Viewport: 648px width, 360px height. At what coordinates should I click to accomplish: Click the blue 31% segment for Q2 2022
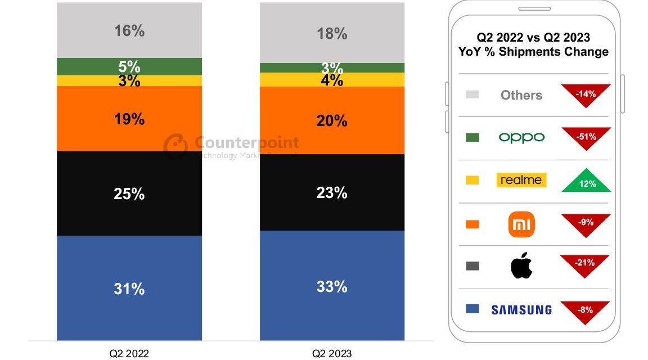coord(129,288)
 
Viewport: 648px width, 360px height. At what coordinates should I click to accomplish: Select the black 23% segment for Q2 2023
coord(332,192)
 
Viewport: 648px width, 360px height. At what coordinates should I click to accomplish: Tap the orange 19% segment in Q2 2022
coord(129,119)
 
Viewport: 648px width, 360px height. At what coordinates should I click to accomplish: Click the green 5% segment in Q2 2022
coord(129,66)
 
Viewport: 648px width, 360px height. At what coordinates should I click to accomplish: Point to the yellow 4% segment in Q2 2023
coord(332,80)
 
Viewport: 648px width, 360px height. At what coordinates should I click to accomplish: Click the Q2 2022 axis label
coord(129,353)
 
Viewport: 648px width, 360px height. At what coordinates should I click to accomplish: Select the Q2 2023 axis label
coord(332,353)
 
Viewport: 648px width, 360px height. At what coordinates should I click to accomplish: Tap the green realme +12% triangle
coord(586,182)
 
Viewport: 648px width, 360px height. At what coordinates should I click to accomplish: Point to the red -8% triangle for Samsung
coord(586,310)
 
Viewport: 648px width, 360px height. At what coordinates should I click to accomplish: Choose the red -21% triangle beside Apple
coord(586,264)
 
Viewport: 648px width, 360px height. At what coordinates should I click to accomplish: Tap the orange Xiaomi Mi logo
coord(521,224)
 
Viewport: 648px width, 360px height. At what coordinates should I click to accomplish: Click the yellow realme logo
coord(521,180)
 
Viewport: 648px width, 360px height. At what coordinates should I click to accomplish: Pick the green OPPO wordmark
coord(521,137)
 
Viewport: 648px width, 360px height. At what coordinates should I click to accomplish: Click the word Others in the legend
coord(521,95)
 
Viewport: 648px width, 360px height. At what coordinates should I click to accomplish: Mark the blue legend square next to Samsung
coord(472,309)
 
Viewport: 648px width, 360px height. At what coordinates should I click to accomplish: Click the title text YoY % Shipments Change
coord(533,52)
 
